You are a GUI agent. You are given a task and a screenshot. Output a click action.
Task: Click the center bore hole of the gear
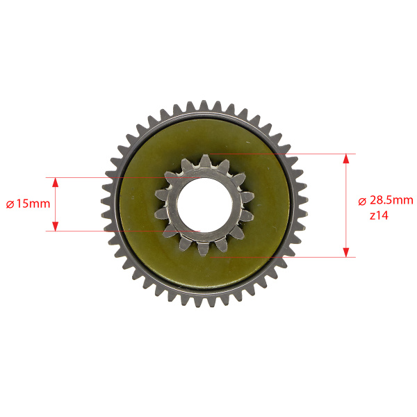tap(204, 204)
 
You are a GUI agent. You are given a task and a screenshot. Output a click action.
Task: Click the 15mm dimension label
tap(33, 204)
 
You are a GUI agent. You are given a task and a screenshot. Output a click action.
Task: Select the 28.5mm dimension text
tap(391, 200)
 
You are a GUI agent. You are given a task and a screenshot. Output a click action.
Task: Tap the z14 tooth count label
tap(379, 215)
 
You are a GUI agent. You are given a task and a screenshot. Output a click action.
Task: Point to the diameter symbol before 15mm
tap(10, 204)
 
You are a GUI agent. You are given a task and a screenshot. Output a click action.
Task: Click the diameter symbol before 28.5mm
tap(362, 202)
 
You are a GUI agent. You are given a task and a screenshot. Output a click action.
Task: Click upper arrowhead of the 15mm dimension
tap(55, 182)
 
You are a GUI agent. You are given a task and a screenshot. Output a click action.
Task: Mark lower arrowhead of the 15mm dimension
tap(55, 226)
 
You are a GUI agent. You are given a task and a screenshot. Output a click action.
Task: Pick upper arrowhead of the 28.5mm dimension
tap(345, 158)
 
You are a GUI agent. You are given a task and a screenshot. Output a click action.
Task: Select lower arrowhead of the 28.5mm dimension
tap(345, 252)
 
